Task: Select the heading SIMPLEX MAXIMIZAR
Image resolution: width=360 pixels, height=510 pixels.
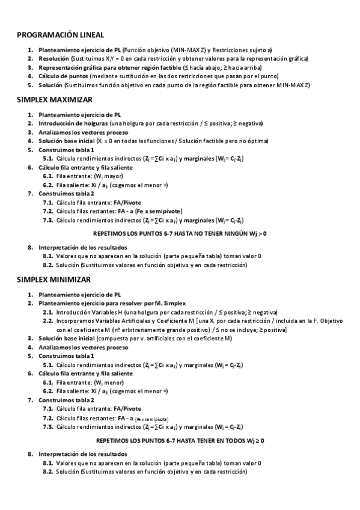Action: click(x=55, y=99)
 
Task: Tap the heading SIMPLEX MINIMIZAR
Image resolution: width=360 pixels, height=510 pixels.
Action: click(x=53, y=280)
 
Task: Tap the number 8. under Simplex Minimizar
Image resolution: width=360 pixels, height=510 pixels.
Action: click(x=30, y=453)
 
